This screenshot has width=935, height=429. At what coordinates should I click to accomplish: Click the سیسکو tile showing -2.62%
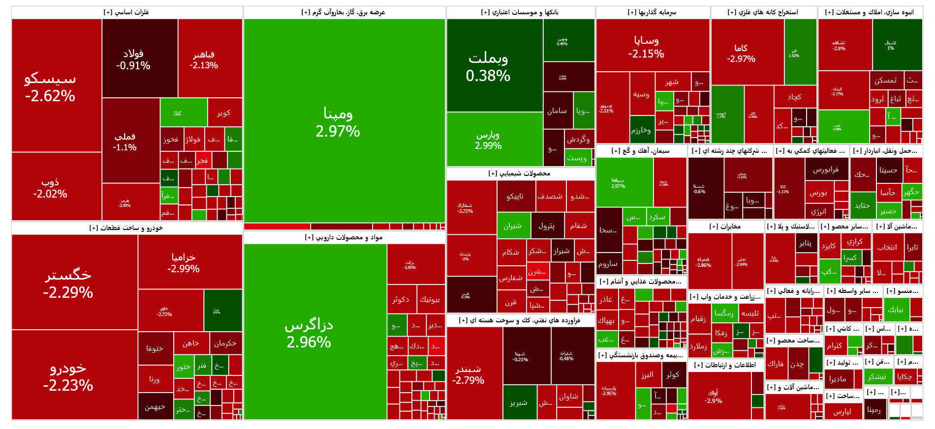pos(50,86)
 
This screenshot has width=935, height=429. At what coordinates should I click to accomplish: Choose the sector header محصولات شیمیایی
pos(520,173)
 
